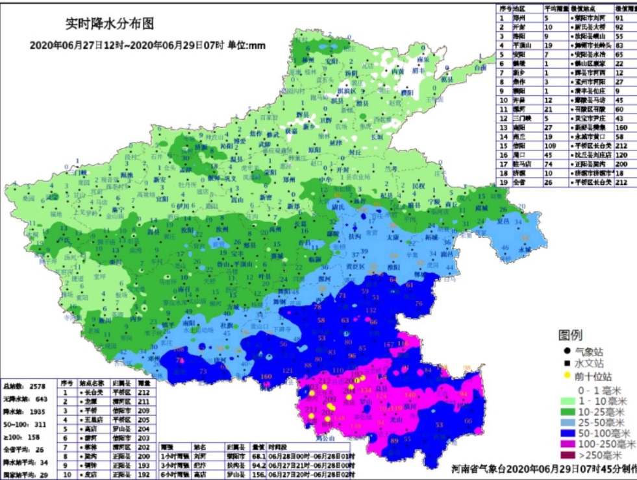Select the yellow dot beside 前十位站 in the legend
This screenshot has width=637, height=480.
[x=567, y=376]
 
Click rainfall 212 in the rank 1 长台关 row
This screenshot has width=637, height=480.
[x=144, y=392]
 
